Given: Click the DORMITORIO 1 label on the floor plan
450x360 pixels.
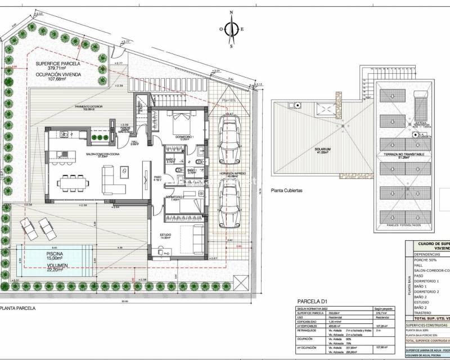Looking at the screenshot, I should tap(185, 137).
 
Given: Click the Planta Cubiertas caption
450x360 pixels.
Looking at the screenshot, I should tap(287, 191).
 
